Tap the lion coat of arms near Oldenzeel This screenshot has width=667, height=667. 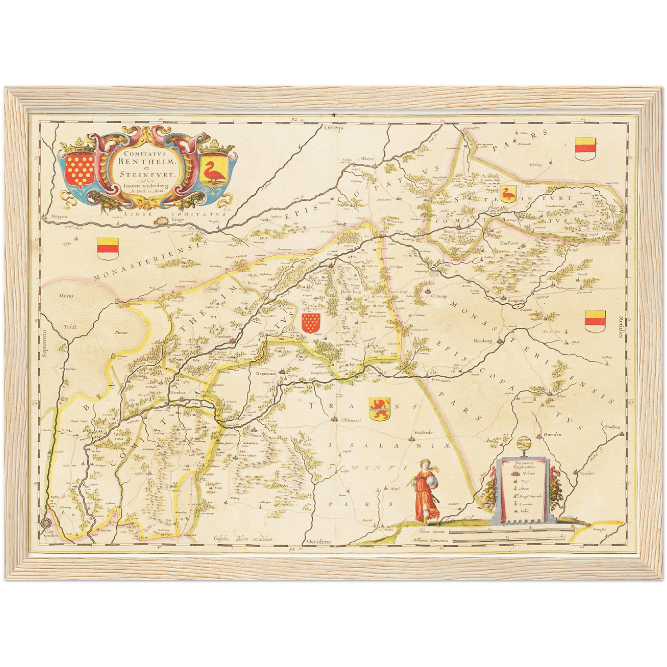click(x=379, y=409)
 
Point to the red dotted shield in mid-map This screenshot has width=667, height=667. click(x=311, y=323)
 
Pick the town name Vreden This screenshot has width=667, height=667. click(x=588, y=473)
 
